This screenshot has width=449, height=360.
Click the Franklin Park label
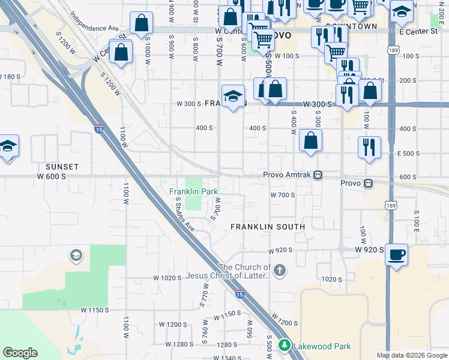192,191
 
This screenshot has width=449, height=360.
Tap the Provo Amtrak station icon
319,175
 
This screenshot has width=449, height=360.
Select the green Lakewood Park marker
285,346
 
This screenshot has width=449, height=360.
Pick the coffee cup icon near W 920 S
397,254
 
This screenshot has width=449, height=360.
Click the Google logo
20,353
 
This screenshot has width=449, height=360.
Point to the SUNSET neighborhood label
62,166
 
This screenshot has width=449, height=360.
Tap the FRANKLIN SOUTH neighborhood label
268,226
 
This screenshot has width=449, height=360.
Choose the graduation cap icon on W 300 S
233,96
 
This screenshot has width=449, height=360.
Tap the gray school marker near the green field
76,256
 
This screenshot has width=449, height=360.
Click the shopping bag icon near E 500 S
311,141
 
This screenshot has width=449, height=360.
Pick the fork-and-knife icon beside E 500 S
369,147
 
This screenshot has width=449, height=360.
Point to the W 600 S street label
51,176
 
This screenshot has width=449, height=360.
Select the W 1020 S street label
167,278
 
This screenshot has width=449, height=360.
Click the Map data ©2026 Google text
412,355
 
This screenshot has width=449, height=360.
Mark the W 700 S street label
282,195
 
